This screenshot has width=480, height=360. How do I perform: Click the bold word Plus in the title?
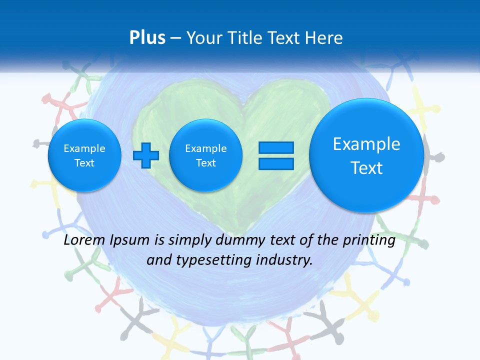point(147,38)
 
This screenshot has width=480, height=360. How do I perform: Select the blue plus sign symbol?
point(146,155)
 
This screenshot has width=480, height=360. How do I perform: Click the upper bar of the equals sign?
point(276,147)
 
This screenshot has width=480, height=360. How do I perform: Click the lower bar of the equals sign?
point(276,164)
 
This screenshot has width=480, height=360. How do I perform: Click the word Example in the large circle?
point(366,144)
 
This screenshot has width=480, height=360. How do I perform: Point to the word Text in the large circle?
point(366,168)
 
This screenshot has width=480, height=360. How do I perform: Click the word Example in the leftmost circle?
point(84,148)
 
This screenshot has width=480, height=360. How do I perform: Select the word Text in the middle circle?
point(206,163)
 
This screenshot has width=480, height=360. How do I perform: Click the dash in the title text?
point(175,38)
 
